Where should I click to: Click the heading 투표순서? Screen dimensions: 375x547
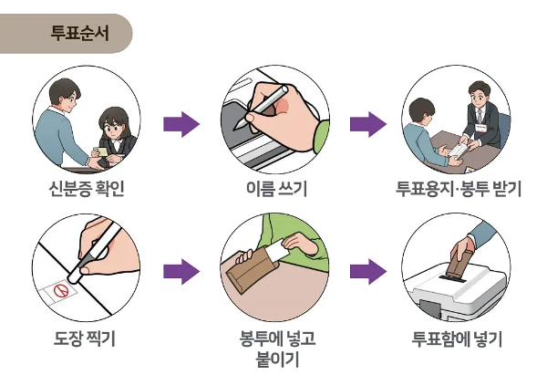(x=79, y=34)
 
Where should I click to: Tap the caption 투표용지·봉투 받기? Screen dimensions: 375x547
(x=458, y=190)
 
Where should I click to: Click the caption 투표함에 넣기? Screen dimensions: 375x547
(x=458, y=340)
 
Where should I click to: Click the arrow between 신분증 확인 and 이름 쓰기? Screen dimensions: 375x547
(x=181, y=124)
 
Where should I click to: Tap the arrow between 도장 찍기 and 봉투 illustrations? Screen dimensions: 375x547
(x=181, y=271)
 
